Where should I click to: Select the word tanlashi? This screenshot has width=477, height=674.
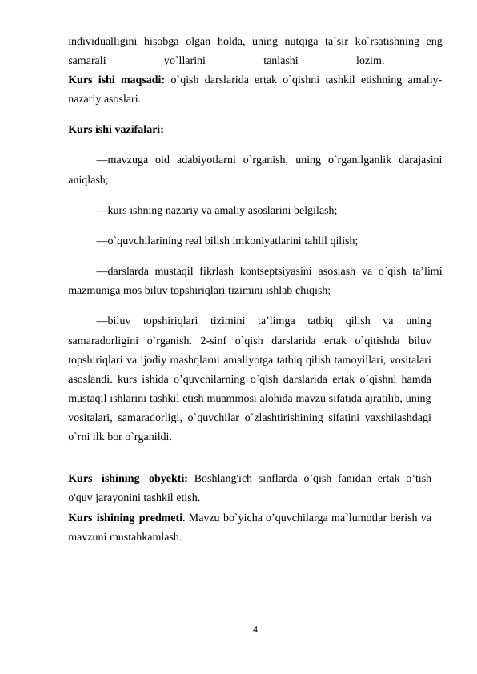click(x=281, y=60)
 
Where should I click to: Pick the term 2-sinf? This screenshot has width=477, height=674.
click(x=214, y=340)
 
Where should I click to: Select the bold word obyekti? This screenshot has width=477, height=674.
click(x=166, y=479)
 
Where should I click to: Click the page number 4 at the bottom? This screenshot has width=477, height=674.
click(x=255, y=630)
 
